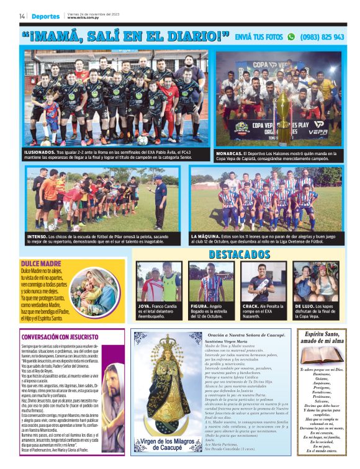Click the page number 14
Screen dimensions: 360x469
pyautogui.click(x=22, y=16)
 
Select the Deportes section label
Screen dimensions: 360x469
pyautogui.click(x=46, y=16)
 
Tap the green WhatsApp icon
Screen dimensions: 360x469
pyautogui.click(x=290, y=37)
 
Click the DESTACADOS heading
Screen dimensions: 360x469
pyautogui.click(x=239, y=254)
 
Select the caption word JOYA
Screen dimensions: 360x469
pyautogui.click(x=144, y=306)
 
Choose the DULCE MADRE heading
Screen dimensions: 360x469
pyautogui.click(x=38, y=264)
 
